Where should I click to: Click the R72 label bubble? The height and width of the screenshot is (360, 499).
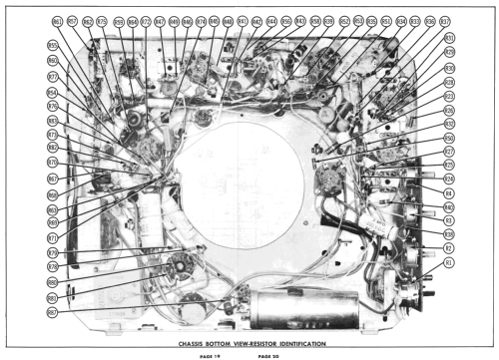pyautogui.click(x=147, y=21)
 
